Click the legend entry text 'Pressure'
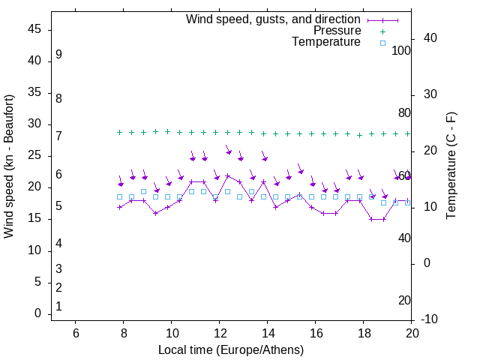(337, 31)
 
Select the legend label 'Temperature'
(326, 42)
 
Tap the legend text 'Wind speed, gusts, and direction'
(274, 19)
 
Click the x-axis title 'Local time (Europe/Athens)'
(231, 350)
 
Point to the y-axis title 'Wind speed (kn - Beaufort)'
(9, 166)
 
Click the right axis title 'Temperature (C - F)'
(451, 166)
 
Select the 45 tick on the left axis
(35, 29)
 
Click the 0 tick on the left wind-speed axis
(38, 313)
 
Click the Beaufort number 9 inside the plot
(58, 55)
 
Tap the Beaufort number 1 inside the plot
(58, 307)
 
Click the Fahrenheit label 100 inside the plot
(402, 50)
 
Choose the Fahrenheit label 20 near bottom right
(404, 301)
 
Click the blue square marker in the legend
(382, 43)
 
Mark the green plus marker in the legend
(382, 31)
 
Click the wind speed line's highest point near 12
(227, 176)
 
